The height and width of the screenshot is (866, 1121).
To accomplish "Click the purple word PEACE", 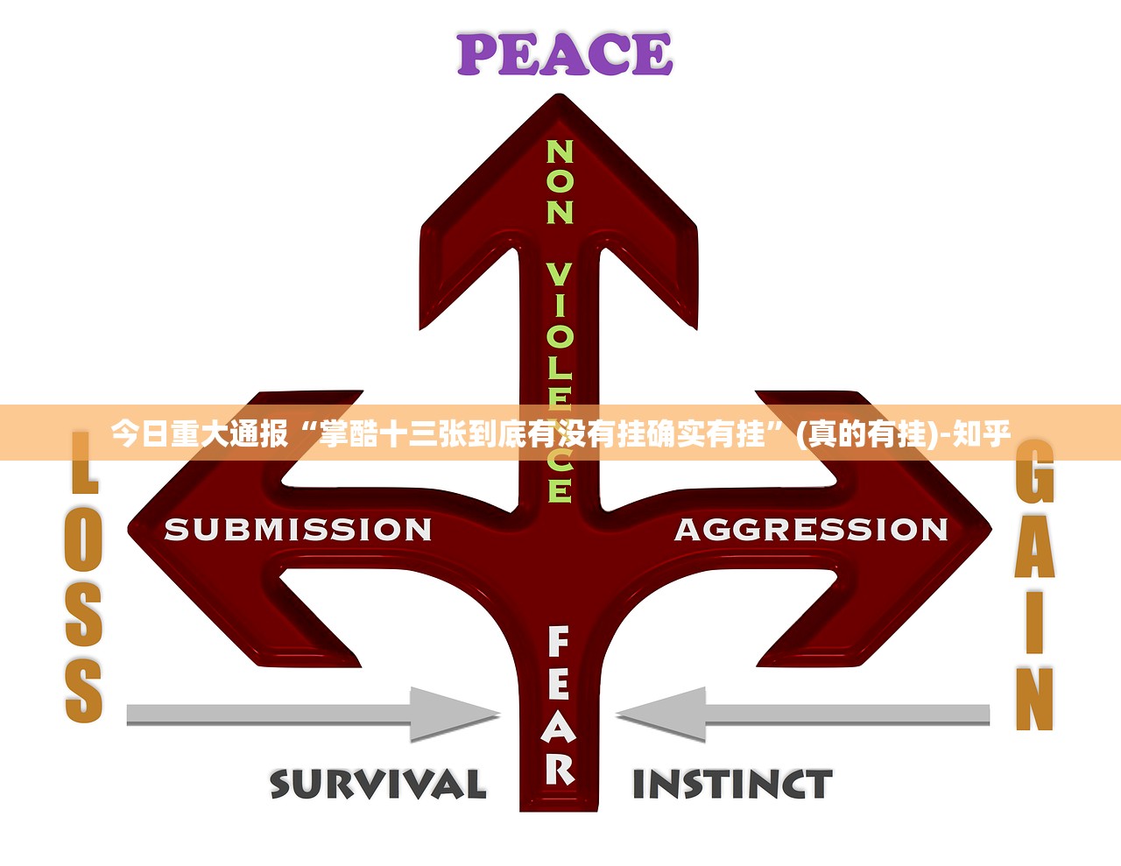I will pos(565,54).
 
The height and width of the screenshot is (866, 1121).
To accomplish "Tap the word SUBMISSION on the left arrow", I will pos(298,530).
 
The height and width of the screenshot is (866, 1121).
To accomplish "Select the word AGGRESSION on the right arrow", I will pos(811,530).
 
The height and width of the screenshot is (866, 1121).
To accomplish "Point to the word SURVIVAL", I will pos(377,784).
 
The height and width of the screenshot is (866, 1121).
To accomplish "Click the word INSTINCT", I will pos(732,785).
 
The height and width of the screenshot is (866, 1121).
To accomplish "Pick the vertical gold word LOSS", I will pos(84,578).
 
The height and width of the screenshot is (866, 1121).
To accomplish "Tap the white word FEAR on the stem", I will pos(559,705).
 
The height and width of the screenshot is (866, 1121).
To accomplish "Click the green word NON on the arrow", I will pos(560,182).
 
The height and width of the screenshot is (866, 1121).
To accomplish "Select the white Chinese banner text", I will pos(560,433).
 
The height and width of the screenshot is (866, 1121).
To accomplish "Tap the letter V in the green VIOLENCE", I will pos(560,275).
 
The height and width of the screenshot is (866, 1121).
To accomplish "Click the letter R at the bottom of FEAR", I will pos(560,768).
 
